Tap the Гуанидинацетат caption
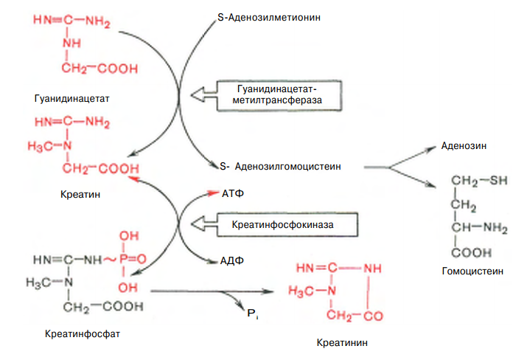pos(66,97)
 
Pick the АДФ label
pos(233,260)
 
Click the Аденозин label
pos(465,145)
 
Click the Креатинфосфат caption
pos(82,333)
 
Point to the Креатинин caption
pos(341,342)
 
